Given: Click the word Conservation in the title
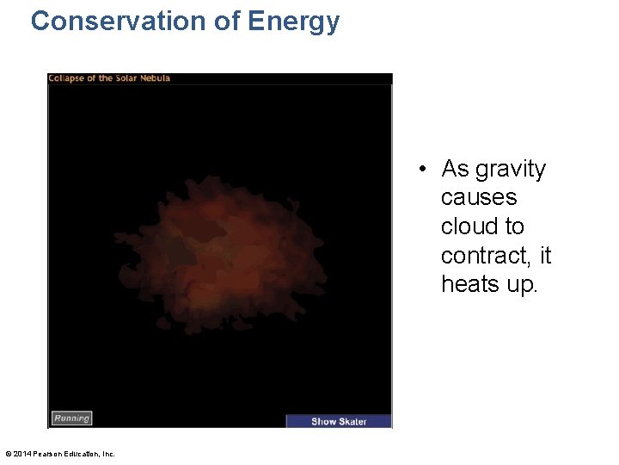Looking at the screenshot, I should [119, 21].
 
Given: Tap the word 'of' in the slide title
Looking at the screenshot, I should [228, 21].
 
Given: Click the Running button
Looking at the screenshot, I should [71, 418].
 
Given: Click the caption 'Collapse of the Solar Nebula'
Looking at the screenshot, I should [109, 78].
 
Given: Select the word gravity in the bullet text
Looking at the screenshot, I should [511, 170].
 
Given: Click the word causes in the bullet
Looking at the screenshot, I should [478, 198].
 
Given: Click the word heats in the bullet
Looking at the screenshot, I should [470, 284].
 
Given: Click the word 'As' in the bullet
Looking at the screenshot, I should [455, 169].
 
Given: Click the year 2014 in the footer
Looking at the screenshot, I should [21, 454].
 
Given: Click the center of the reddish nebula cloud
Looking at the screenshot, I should [215, 254].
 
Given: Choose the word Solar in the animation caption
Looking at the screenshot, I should [126, 78].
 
